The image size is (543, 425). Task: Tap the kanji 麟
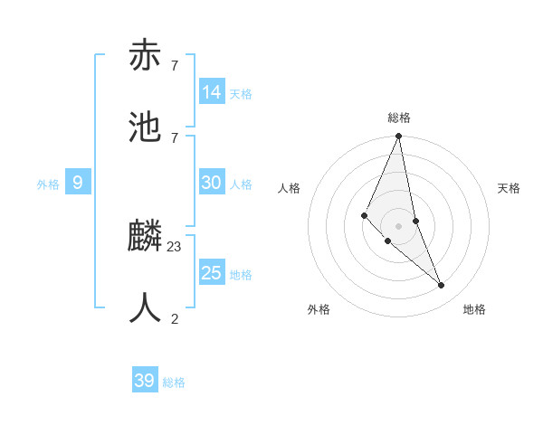click(x=146, y=237)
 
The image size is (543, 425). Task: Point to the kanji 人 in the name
click(x=146, y=307)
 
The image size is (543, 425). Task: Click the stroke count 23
click(x=175, y=246)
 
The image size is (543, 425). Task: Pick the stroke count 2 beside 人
click(x=175, y=318)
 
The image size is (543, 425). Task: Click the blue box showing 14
click(x=212, y=92)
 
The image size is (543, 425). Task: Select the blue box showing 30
click(x=212, y=183)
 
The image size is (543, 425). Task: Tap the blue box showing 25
click(x=212, y=273)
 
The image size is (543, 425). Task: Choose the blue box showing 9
click(x=78, y=183)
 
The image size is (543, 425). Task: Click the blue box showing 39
click(x=145, y=381)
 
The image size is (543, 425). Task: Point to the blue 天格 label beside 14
click(x=241, y=94)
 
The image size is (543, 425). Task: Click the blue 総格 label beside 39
click(x=174, y=382)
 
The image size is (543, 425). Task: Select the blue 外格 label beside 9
click(x=48, y=184)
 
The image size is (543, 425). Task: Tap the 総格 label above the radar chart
click(x=399, y=118)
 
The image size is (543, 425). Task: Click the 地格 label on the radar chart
click(x=474, y=309)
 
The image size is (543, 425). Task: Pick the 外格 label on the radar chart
click(x=319, y=309)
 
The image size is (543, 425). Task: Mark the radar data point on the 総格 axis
click(x=398, y=137)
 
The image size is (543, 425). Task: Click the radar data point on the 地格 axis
click(x=442, y=285)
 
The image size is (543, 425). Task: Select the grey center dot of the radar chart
click(x=398, y=225)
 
